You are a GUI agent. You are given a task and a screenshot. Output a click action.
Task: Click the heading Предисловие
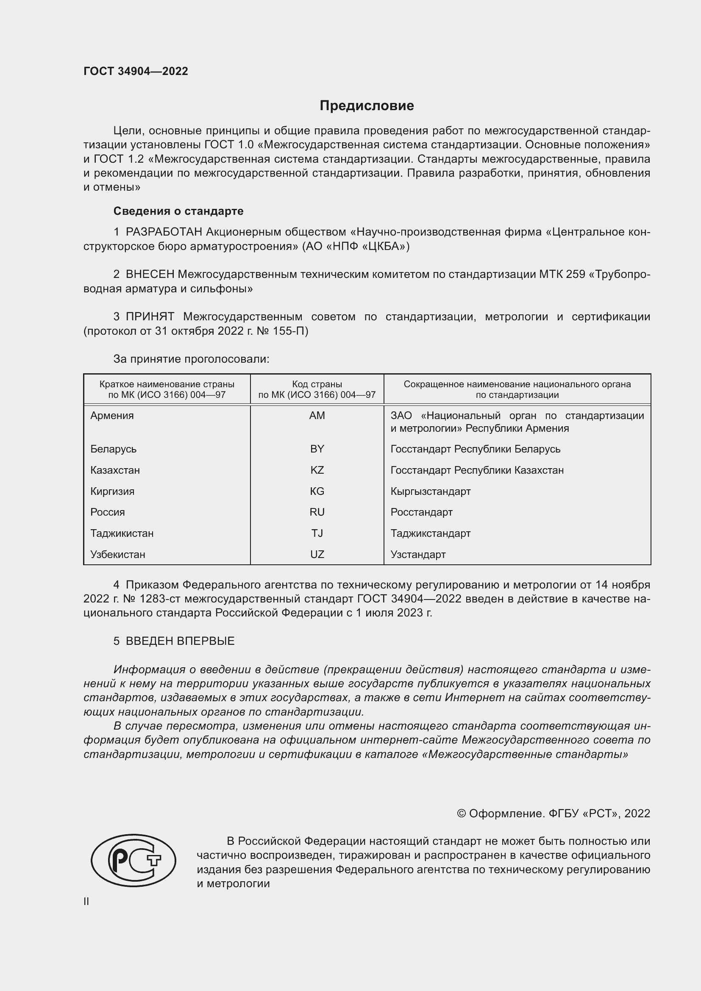point(367,106)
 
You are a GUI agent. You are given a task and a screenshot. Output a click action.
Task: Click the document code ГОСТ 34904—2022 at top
point(136,71)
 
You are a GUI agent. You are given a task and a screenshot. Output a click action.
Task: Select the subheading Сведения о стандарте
point(178,211)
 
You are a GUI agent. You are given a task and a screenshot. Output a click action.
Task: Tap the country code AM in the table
point(317,416)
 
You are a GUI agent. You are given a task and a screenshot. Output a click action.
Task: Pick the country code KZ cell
point(317,470)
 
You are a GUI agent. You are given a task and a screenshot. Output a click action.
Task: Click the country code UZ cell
point(317,554)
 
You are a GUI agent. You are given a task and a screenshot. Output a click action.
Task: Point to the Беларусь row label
point(114,449)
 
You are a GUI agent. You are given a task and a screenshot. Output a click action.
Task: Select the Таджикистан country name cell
point(122,533)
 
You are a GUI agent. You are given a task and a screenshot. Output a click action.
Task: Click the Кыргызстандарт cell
point(430,491)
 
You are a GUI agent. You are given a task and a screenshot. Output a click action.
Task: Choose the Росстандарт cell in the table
point(421,512)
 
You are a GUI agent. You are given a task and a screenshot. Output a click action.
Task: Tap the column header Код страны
point(317,384)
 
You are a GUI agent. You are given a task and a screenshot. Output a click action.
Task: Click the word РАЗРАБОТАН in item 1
point(164,232)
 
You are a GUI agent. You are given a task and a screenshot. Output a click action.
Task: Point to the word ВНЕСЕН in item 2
point(150,274)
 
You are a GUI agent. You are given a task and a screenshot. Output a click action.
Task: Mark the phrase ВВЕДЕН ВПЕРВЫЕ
point(180,641)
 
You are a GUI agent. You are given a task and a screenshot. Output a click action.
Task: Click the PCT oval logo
point(134,860)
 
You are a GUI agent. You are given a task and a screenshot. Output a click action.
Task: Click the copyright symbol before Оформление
point(461,813)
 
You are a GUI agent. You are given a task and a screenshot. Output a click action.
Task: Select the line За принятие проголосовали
point(191,359)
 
